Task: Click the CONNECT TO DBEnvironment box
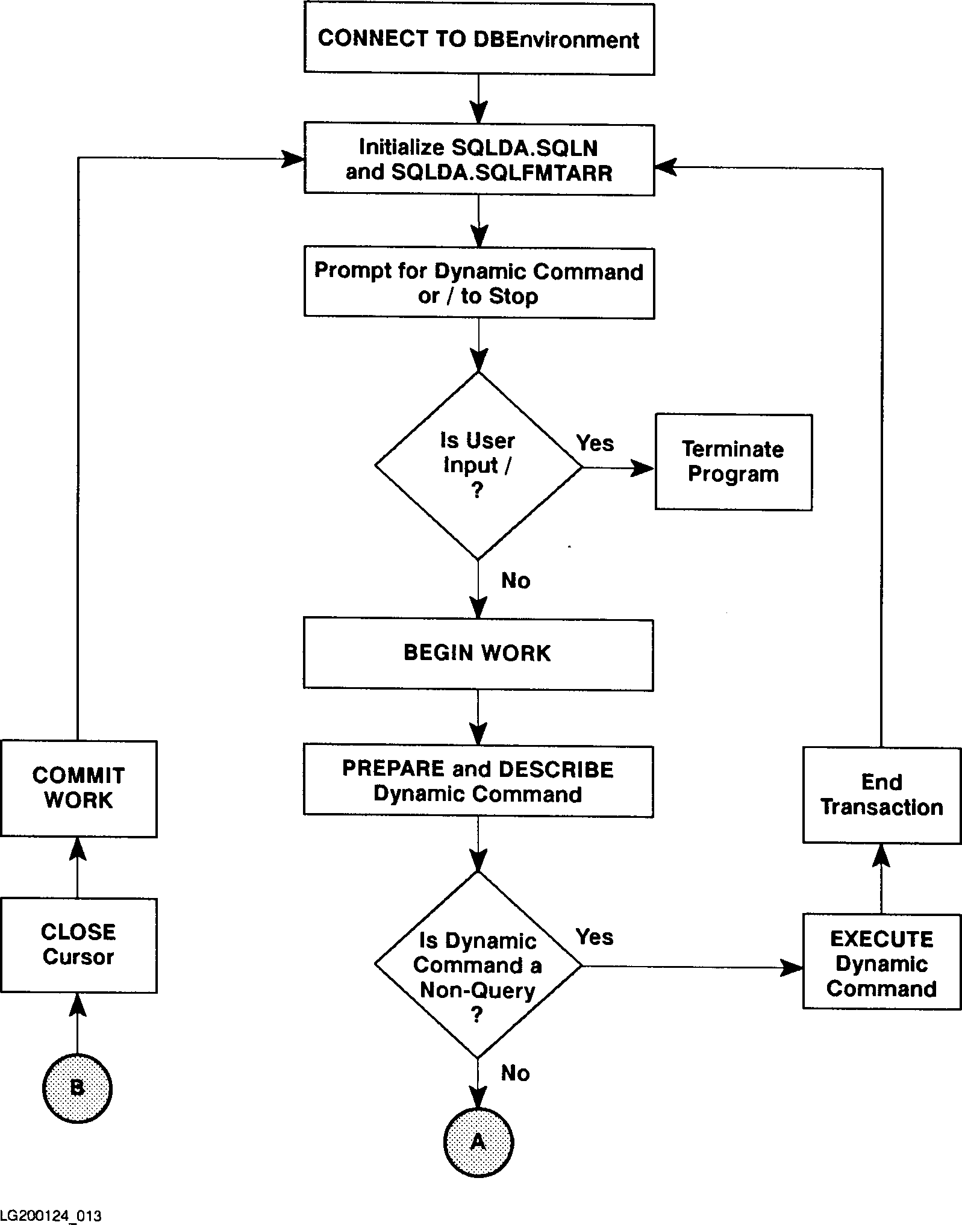pos(479,39)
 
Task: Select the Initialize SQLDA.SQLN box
pos(479,160)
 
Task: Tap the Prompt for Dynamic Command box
pos(479,282)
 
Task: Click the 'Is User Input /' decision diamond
pos(478,466)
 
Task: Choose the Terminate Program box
pos(733,462)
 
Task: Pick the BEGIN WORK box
pos(478,654)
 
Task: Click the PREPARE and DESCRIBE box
pos(478,781)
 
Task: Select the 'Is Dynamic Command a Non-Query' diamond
pos(478,965)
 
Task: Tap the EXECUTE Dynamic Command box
pos(881,964)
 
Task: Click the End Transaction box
pos(881,795)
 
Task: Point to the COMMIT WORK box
pos(78,788)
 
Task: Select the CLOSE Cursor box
pos(78,945)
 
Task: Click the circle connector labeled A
pos(478,1142)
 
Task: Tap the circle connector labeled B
pos(77,1088)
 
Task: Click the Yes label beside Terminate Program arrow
pos(595,443)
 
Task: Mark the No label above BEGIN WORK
pos(516,581)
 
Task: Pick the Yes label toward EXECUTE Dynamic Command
pos(595,937)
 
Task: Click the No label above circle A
pos(516,1073)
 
